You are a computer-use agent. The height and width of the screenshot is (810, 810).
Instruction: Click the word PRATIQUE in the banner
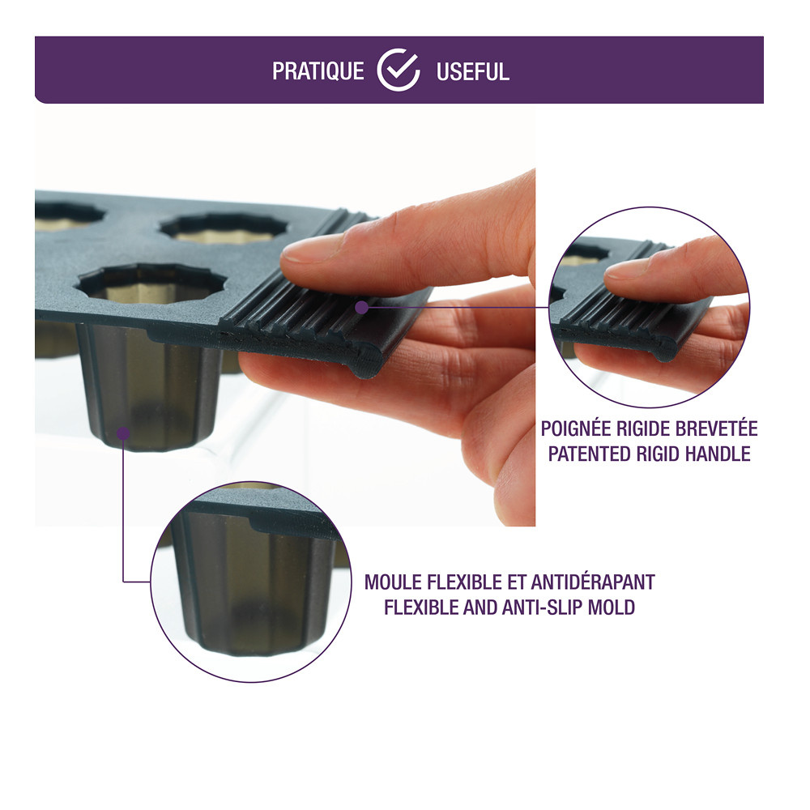pos(318,71)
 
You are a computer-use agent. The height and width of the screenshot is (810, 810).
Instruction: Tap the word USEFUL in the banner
pos(473,72)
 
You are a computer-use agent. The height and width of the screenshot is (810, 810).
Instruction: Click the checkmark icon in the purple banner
pos(399,70)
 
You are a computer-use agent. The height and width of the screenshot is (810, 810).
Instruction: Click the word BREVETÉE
pos(717,428)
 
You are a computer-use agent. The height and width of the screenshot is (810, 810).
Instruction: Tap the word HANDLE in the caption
pos(718,454)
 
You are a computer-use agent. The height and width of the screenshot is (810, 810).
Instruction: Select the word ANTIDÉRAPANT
pos(593,582)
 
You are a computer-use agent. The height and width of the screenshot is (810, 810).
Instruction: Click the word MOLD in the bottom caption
pos(612,607)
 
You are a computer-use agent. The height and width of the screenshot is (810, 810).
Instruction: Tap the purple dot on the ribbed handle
pos(362,307)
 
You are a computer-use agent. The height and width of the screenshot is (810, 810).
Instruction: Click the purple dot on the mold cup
pos(123,433)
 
